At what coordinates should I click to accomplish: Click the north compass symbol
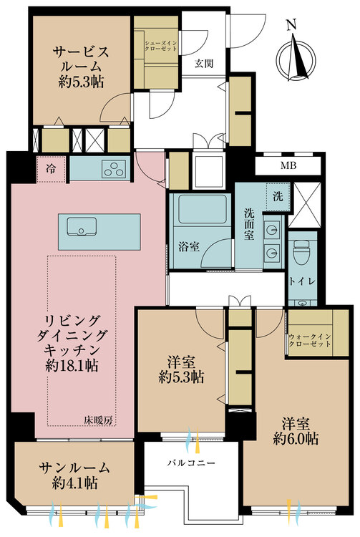tap(296, 58)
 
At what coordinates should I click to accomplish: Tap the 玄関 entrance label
tap(204, 63)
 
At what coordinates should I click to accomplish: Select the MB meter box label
tap(288, 166)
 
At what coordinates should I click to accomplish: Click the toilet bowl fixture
tap(302, 252)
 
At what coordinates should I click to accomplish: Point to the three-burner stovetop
tap(115, 169)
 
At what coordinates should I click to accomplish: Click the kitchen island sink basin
tap(82, 226)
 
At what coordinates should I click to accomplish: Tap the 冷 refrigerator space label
tap(51, 169)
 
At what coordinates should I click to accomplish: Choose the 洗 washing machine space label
tap(278, 196)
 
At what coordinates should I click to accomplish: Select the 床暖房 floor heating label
tap(99, 420)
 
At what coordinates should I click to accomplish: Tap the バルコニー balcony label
tap(192, 463)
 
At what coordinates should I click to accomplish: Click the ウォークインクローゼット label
tap(310, 340)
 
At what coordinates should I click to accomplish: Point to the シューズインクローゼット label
tap(161, 46)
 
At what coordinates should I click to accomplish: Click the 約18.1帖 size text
tap(72, 365)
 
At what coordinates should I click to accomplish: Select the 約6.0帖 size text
tap(296, 438)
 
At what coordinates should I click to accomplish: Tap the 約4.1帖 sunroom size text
tap(75, 483)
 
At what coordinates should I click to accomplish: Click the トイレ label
tap(302, 281)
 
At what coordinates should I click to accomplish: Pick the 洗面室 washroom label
tap(249, 224)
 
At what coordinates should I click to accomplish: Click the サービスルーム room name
tap(81, 59)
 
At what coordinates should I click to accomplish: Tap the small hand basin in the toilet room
tap(302, 303)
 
